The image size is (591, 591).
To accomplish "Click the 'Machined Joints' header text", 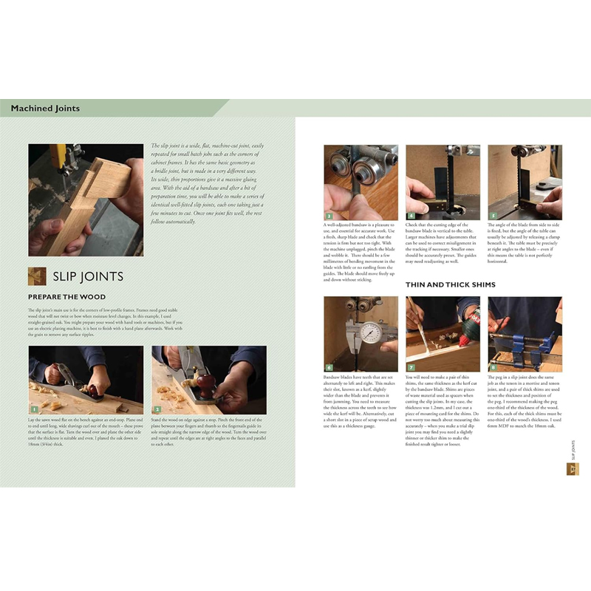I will [45, 109].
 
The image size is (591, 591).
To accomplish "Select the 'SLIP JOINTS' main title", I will [87, 277].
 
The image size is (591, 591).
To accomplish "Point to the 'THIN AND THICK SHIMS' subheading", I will [450, 284].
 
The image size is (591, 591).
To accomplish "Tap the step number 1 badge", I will [33, 409].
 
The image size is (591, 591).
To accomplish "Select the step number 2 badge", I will [157, 409].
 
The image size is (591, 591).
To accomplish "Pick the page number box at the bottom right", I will [571, 469].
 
